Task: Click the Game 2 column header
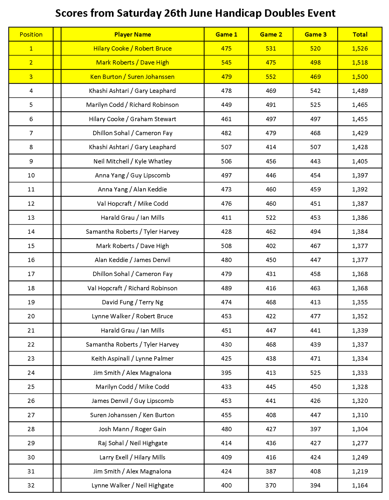coord(271,34)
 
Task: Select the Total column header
coord(360,34)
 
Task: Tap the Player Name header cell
coord(132,34)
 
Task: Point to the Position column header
coord(31,34)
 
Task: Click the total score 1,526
coord(360,48)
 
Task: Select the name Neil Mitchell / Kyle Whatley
coord(132,161)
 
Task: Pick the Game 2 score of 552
coord(271,77)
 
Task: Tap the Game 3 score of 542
coord(315,91)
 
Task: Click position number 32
coord(31,485)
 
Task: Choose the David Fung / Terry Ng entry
coord(132,302)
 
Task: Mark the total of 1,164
coord(360,485)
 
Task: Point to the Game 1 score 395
coord(226,373)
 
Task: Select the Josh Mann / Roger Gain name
coord(132,429)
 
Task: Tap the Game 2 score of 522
coord(271,217)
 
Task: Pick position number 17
coord(31,274)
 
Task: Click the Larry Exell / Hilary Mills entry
coord(132,457)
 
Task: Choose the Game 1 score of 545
coord(226,62)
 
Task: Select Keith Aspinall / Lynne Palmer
coord(132,358)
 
